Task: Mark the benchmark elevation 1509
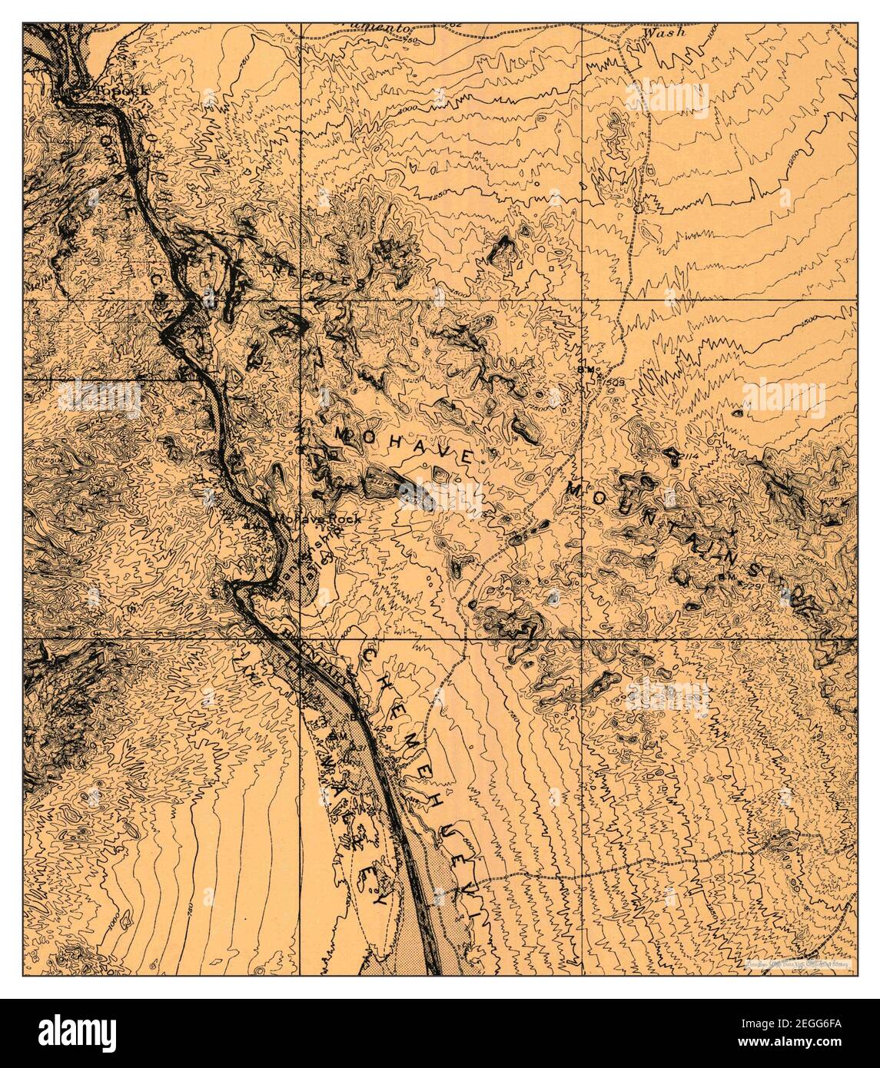tap(612, 380)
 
